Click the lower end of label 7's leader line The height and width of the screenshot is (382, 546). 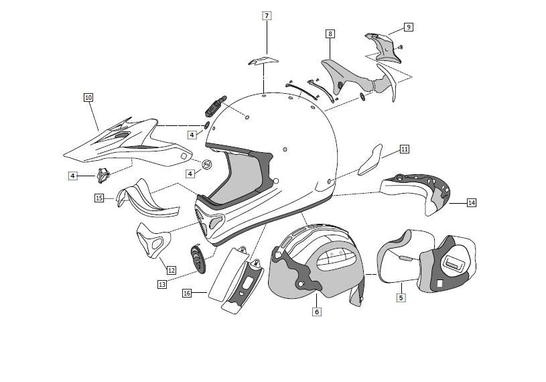click(267, 54)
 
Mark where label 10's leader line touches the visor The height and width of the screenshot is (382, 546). click(98, 131)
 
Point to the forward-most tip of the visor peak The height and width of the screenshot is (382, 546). click(64, 154)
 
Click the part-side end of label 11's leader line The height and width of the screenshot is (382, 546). click(382, 158)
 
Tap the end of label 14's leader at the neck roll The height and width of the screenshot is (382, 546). click(450, 202)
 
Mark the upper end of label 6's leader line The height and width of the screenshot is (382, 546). click(316, 294)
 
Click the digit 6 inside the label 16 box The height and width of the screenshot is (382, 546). click(188, 294)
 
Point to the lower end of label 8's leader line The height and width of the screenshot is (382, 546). click(330, 58)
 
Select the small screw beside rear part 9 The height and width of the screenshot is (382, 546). click(401, 46)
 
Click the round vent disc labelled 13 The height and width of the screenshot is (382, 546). click(198, 259)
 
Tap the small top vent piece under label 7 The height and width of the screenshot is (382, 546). click(263, 60)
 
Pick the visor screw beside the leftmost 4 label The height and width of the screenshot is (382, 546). click(103, 175)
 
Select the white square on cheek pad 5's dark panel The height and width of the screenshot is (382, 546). click(439, 283)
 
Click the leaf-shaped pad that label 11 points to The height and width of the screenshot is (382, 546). click(370, 160)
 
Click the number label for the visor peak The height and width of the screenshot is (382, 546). click(88, 97)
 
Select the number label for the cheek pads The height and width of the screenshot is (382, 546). click(401, 298)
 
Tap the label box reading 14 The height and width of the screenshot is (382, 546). click(472, 202)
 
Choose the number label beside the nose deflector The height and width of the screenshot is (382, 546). click(99, 198)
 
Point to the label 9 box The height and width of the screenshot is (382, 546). click(409, 27)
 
